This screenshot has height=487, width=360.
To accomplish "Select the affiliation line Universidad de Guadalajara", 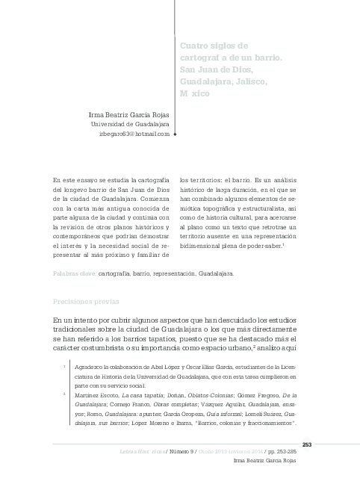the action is click(131, 124).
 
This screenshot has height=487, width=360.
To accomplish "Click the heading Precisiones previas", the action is click(85, 302).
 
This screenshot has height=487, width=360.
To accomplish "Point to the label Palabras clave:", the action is click(74, 273).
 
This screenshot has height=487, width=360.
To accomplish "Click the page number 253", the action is click(306, 444).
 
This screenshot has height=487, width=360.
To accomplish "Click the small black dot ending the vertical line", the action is click(175, 137).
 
